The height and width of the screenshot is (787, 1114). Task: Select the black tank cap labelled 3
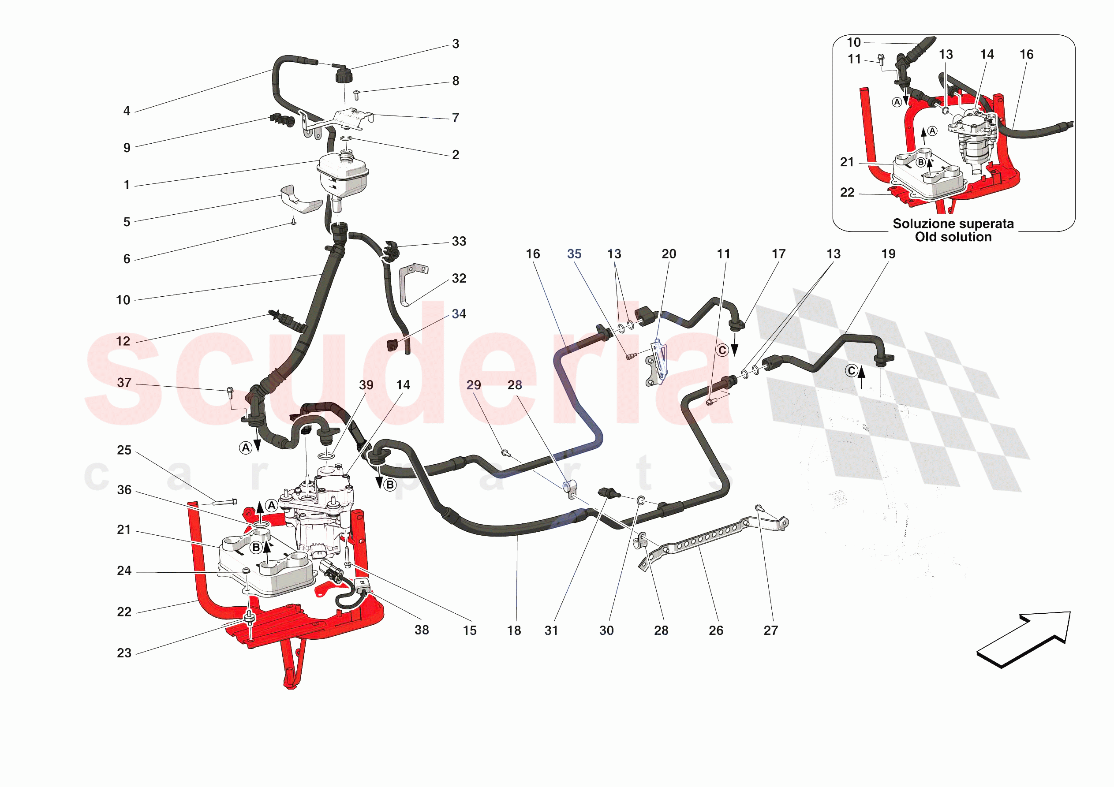[x=344, y=75]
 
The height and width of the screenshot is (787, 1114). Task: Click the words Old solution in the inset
[x=953, y=237]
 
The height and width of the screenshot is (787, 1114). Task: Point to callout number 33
[x=459, y=241]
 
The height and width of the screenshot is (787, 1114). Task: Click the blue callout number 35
[x=574, y=254]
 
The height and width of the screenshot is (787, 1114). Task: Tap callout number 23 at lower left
[x=124, y=653]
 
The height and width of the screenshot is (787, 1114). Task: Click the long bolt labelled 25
[x=224, y=502]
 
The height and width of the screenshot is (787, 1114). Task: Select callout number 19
[x=888, y=254]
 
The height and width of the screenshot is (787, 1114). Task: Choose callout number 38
[x=421, y=630]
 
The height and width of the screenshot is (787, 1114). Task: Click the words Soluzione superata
[x=953, y=224]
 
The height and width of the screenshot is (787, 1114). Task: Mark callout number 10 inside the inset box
[x=853, y=42]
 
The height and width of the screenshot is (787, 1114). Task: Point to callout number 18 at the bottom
[x=514, y=630]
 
